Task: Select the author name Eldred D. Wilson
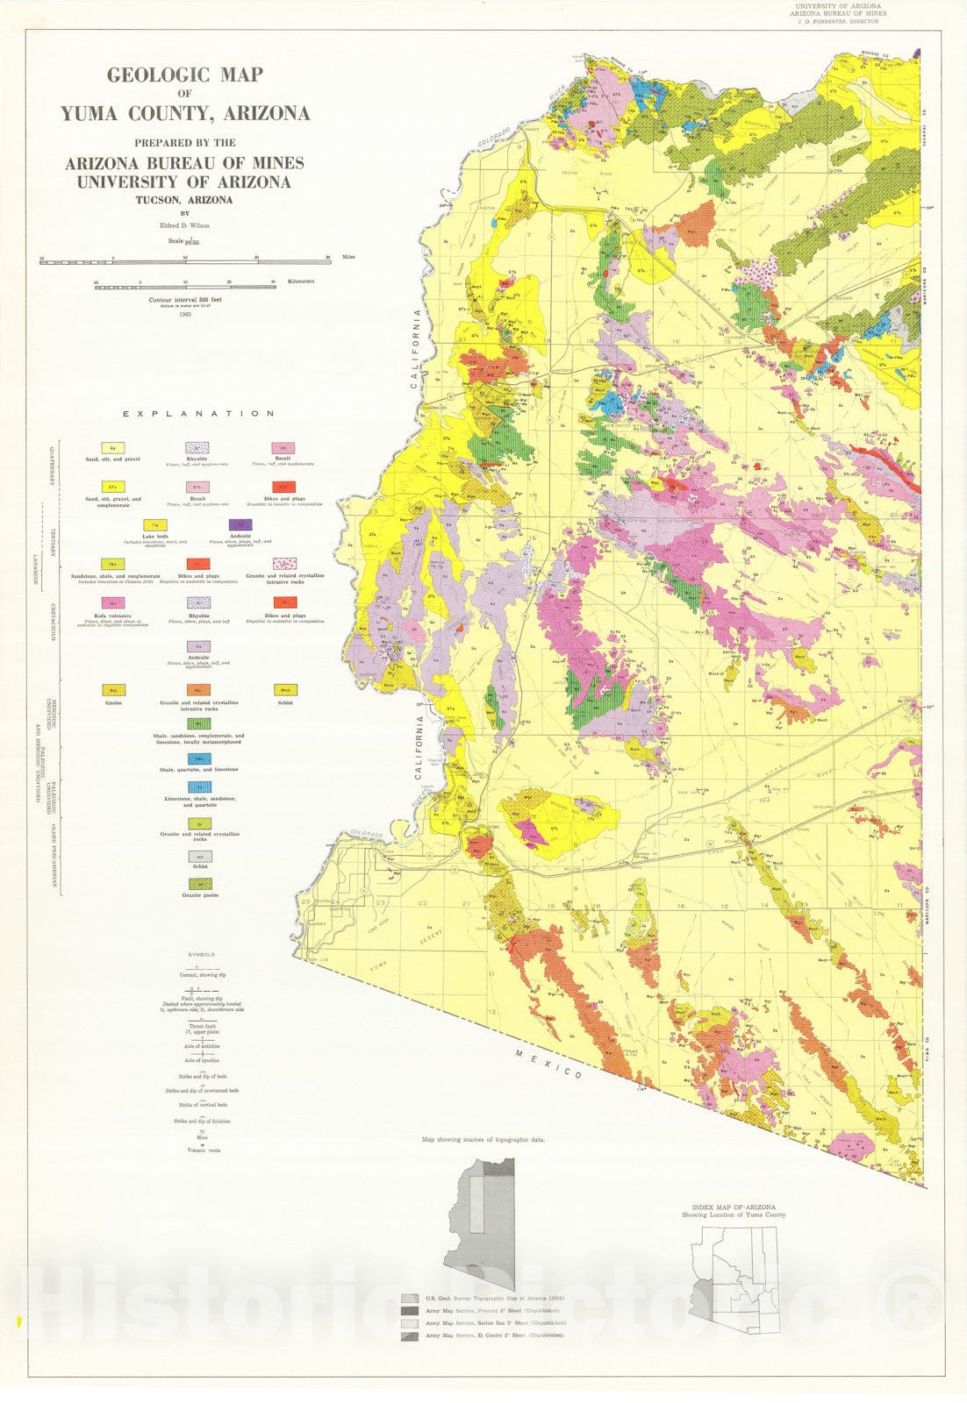[x=185, y=225]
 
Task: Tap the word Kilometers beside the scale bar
[x=300, y=281]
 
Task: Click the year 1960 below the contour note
[x=184, y=314]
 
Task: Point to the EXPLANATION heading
[x=198, y=414]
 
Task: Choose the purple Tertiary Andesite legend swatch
[x=240, y=524]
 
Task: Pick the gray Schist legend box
[x=199, y=857]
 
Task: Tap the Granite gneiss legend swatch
[x=199, y=885]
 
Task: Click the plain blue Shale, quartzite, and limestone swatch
[x=199, y=758]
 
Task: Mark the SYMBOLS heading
[x=202, y=954]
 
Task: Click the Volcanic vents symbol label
[x=202, y=1150]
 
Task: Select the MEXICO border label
[x=548, y=1064]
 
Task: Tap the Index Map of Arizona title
[x=733, y=1207]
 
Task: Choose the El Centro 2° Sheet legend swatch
[x=409, y=1335]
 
